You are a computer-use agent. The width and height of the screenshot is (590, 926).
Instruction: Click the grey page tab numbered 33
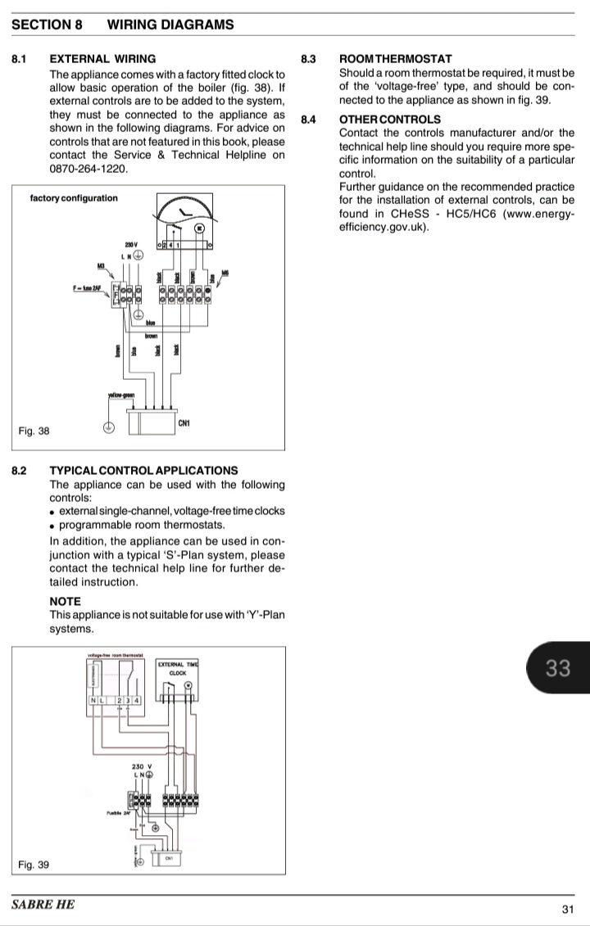pos(557,669)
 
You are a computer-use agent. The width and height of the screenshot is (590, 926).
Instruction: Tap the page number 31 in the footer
pos(567,909)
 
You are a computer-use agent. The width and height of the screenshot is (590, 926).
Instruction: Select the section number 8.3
pos(308,59)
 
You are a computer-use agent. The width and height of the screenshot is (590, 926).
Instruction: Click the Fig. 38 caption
pos(34,431)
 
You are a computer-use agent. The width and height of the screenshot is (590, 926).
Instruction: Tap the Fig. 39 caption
pos(34,864)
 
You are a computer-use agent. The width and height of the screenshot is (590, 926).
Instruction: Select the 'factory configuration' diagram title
pos(74,198)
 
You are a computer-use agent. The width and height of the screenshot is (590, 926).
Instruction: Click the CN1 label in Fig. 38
pos(184,423)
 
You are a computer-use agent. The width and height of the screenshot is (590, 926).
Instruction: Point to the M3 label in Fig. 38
pos(102,266)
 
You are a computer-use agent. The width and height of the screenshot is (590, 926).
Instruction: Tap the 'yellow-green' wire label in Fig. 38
pos(120,396)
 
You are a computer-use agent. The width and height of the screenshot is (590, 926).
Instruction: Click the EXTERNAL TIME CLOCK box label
pos(177,668)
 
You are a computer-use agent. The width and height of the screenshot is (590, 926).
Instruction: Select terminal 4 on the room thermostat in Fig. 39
pos(137,701)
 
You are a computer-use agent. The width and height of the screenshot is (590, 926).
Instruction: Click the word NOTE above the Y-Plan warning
pos(66,602)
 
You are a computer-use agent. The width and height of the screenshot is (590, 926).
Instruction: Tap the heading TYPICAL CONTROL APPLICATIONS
pos(143,471)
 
